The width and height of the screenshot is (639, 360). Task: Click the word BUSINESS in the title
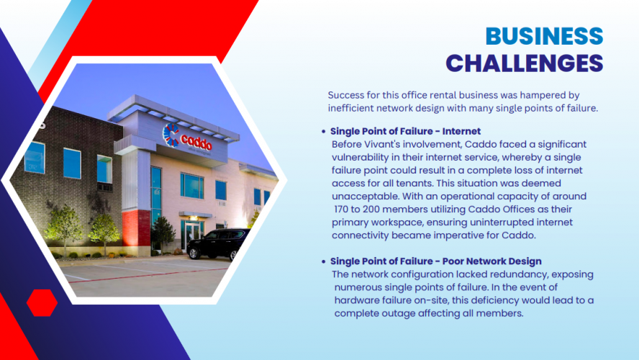pyautogui.click(x=544, y=36)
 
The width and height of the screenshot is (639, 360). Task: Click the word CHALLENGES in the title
pyautogui.click(x=525, y=63)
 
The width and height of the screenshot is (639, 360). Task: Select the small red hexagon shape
pyautogui.click(x=42, y=302)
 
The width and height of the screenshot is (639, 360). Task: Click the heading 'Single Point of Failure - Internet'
pyautogui.click(x=405, y=132)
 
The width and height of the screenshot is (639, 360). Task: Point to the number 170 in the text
pyautogui.click(x=344, y=210)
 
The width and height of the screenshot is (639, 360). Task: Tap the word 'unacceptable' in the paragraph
pyautogui.click(x=364, y=197)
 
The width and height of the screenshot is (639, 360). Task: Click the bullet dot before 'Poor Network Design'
pyautogui.click(x=324, y=261)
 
